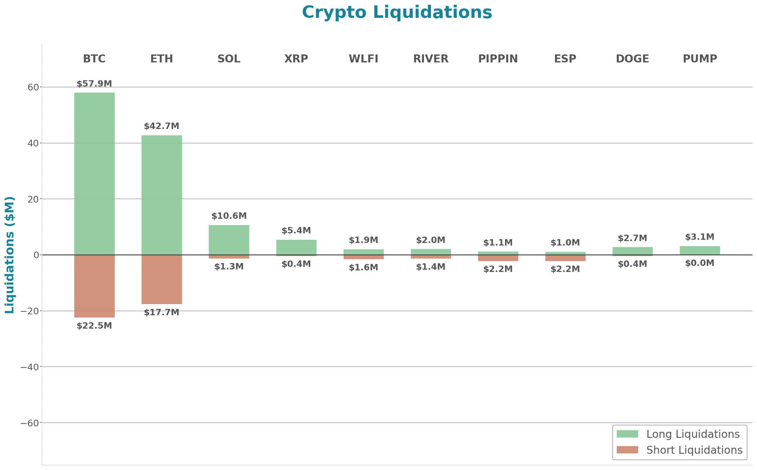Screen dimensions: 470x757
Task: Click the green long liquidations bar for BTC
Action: pyautogui.click(x=94, y=174)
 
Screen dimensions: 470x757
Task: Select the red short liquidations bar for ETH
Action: pyautogui.click(x=162, y=279)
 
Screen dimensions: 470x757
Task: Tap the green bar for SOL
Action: pyautogui.click(x=229, y=240)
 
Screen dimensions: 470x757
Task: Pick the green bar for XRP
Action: pyautogui.click(x=296, y=247)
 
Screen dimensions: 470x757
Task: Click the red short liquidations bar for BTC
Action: pyautogui.click(x=94, y=286)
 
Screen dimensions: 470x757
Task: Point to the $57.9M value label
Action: pyautogui.click(x=94, y=84)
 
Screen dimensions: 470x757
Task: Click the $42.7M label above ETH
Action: pyautogui.click(x=162, y=126)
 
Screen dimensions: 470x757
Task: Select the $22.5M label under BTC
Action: pyautogui.click(x=94, y=326)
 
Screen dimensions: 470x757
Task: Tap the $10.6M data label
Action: pyautogui.click(x=229, y=216)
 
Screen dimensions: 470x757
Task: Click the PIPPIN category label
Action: pyautogui.click(x=498, y=59)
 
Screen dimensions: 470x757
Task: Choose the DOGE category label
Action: pyautogui.click(x=632, y=59)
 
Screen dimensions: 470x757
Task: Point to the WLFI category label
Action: pyautogui.click(x=363, y=59)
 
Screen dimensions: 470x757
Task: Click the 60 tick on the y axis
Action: pyautogui.click(x=33, y=87)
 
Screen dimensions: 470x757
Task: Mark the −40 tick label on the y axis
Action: pyautogui.click(x=30, y=367)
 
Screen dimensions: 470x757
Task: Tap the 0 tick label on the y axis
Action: pyautogui.click(x=36, y=255)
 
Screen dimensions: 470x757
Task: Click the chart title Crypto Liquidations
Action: pyautogui.click(x=397, y=12)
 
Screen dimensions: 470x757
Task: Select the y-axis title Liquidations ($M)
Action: pyautogui.click(x=10, y=255)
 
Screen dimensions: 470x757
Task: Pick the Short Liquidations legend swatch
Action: pyautogui.click(x=627, y=450)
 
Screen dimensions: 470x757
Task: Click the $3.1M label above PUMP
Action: pyautogui.click(x=700, y=237)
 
